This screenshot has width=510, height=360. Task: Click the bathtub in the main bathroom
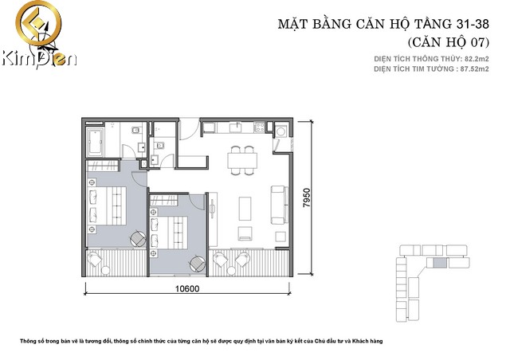coord(96,142)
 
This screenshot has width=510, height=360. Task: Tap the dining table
coord(242,160)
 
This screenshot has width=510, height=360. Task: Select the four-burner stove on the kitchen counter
coord(259,127)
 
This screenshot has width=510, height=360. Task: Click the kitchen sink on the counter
coord(237,127)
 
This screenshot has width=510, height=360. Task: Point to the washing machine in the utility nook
coord(280,131)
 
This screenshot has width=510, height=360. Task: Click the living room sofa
coord(280,205)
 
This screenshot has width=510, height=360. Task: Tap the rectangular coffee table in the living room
coord(245,209)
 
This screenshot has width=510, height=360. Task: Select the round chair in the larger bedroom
coord(138,239)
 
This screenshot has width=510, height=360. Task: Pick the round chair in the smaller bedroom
coord(198,264)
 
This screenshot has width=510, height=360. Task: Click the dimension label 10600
coord(187,288)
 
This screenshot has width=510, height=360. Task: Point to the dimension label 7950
coord(306,198)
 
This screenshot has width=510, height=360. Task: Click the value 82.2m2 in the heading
coord(477,59)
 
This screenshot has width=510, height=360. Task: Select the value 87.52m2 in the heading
coord(475,69)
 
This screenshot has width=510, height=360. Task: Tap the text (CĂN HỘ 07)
coord(448,42)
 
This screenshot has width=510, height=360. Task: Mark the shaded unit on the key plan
coord(440,263)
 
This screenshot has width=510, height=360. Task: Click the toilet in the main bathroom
coord(136,131)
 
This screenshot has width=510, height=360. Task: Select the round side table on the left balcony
coord(105,270)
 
